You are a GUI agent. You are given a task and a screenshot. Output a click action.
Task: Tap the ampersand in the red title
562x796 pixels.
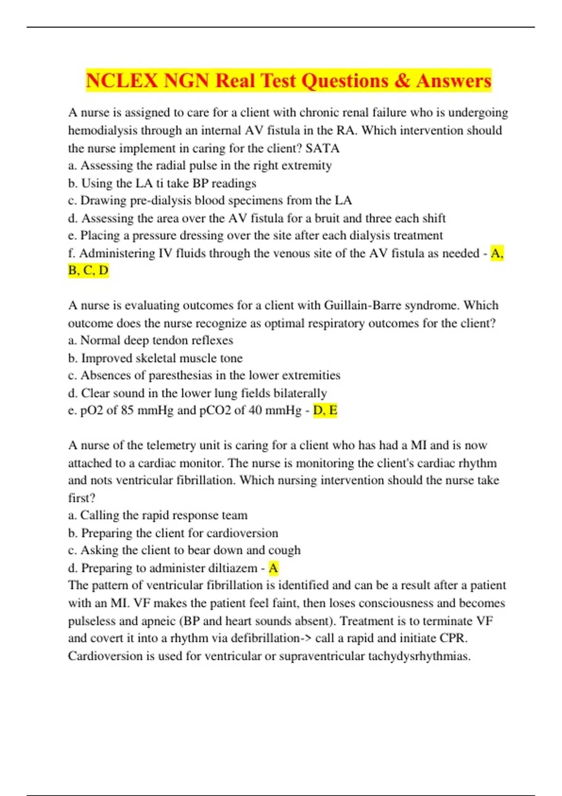tap(402, 81)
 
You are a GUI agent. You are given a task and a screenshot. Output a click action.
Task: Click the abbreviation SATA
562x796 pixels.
tap(322, 148)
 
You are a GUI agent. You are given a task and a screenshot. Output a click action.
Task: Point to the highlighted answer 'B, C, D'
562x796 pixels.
tap(88, 271)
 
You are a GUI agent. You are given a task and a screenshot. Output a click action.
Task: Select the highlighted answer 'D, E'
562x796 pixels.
tap(325, 411)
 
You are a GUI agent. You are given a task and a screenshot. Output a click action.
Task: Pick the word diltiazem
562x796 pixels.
tap(233, 568)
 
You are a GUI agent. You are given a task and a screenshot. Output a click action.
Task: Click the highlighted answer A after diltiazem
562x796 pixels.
tap(274, 568)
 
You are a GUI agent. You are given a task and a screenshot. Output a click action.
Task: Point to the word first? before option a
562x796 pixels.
tap(81, 498)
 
